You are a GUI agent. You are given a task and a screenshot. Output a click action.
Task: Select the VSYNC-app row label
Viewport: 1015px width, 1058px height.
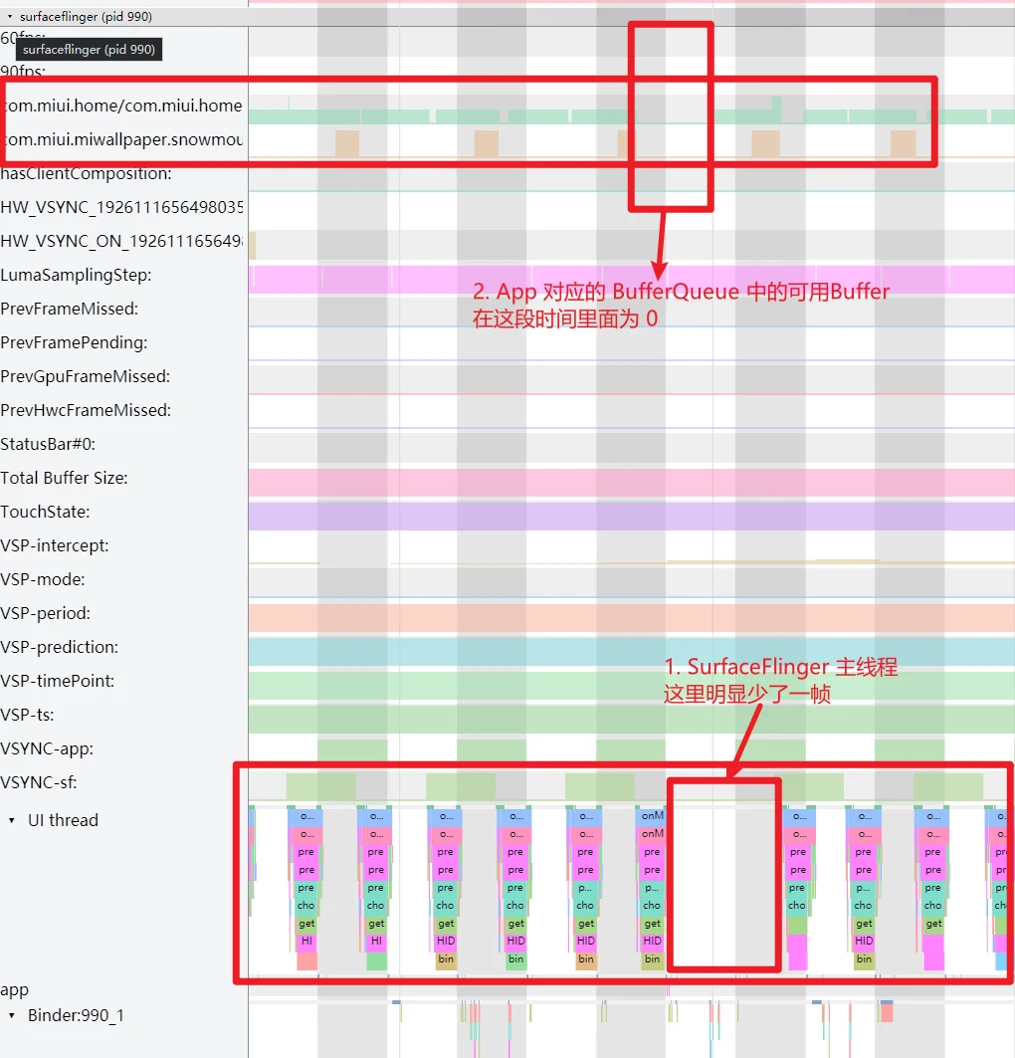pyautogui.click(x=47, y=748)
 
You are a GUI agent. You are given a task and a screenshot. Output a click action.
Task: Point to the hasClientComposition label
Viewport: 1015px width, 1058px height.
pyautogui.click(x=86, y=173)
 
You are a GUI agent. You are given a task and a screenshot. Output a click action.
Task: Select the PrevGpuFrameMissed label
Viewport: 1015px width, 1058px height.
pyautogui.click(x=86, y=376)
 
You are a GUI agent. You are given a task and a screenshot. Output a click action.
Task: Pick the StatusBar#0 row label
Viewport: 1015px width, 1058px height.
pyautogui.click(x=48, y=444)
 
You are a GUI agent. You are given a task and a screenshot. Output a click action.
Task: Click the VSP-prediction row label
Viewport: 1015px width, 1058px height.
pyautogui.click(x=59, y=647)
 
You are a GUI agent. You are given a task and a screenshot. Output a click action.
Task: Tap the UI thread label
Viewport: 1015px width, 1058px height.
pyautogui.click(x=63, y=820)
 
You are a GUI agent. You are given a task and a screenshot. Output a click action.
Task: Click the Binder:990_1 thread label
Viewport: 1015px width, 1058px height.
pyautogui.click(x=76, y=1015)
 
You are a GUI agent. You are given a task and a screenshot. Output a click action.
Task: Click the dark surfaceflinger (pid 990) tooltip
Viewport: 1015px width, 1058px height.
pyautogui.click(x=88, y=49)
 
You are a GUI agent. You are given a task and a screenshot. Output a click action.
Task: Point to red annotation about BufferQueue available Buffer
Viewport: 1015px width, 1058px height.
pyautogui.click(x=681, y=306)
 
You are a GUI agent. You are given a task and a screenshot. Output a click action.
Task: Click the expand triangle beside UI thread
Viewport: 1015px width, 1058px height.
pyautogui.click(x=12, y=820)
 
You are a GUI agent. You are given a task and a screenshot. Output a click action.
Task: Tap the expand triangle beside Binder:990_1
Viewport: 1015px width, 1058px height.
pyautogui.click(x=12, y=1015)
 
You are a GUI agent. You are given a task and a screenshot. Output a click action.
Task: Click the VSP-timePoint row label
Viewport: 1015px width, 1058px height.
pyautogui.click(x=57, y=681)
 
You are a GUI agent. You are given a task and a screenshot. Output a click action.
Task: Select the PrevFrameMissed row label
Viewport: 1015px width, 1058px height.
pyautogui.click(x=70, y=309)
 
